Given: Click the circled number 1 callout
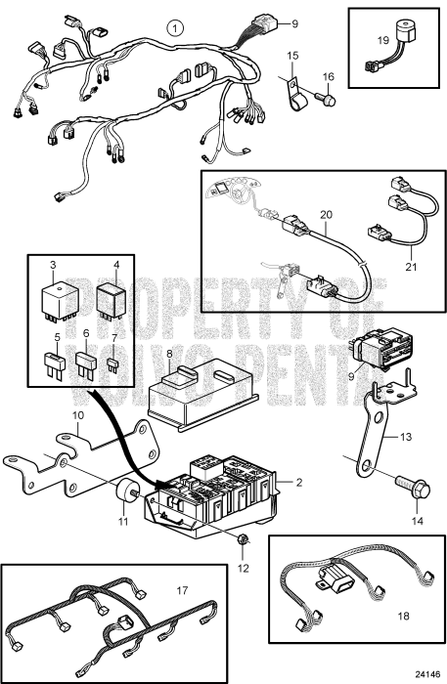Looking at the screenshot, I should [174, 27].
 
